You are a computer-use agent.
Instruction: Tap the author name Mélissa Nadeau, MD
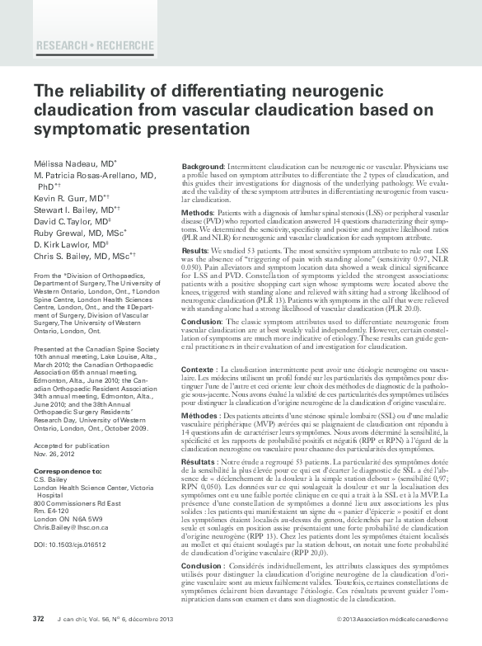pos(74,164)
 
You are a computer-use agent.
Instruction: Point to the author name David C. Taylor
pos(72,222)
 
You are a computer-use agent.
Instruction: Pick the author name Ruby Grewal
pos(68,233)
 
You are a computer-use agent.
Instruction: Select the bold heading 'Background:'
pos(203,167)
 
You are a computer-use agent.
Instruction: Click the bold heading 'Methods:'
pos(198,213)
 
